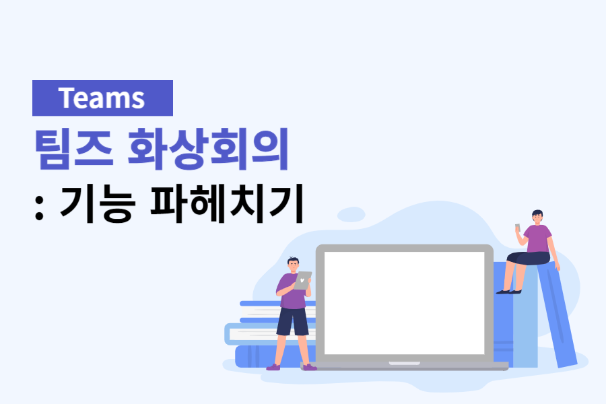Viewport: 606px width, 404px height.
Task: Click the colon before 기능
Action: pos(39,205)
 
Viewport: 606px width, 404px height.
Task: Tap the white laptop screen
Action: pos(404,303)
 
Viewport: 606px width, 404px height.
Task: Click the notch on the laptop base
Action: pos(404,364)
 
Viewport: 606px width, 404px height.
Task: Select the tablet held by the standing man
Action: pos(303,280)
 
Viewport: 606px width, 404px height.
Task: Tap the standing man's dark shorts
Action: pos(292,322)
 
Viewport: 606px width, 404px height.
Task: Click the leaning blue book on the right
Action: pos(558,316)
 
